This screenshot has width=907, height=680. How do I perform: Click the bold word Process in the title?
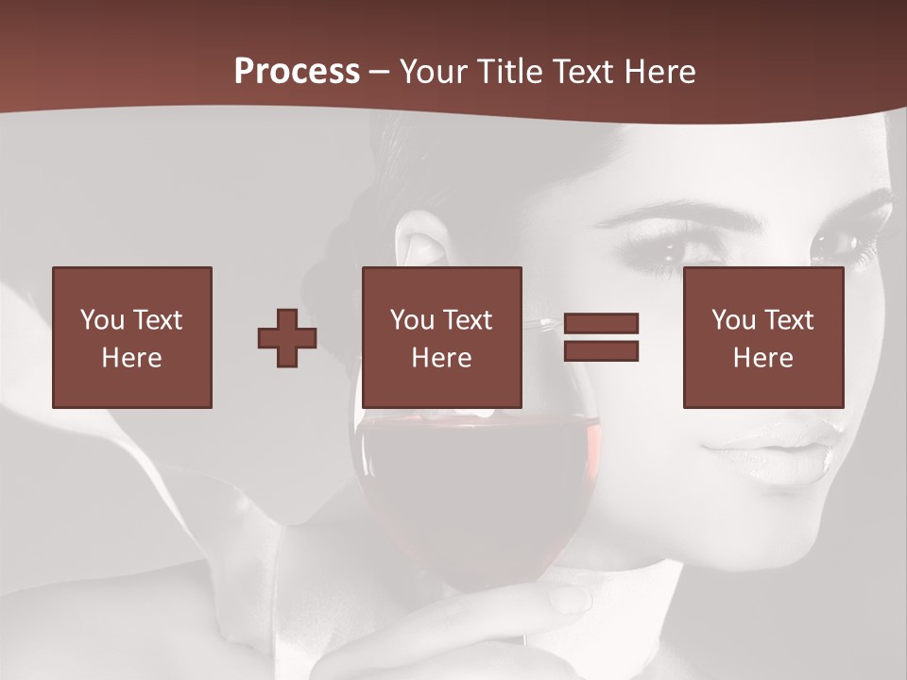pyautogui.click(x=297, y=72)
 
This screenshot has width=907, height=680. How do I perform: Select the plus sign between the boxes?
pyautogui.click(x=287, y=338)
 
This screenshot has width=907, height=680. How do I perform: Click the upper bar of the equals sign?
pyautogui.click(x=601, y=324)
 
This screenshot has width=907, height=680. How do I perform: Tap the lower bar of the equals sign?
pyautogui.click(x=601, y=351)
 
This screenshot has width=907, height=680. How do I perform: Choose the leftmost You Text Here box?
pyautogui.click(x=131, y=337)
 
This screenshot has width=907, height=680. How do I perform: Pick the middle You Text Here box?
pyautogui.click(x=441, y=337)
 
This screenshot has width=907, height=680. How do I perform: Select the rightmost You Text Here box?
pyautogui.click(x=762, y=337)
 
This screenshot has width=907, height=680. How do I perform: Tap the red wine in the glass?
pyautogui.click(x=472, y=491)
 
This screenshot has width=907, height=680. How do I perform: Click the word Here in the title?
pyautogui.click(x=660, y=72)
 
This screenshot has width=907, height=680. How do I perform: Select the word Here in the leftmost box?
pyautogui.click(x=131, y=358)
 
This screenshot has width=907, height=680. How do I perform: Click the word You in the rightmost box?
pyautogui.click(x=733, y=320)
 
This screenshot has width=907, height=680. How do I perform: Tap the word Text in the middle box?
pyautogui.click(x=467, y=320)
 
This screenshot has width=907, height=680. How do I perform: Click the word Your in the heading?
pyautogui.click(x=431, y=72)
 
